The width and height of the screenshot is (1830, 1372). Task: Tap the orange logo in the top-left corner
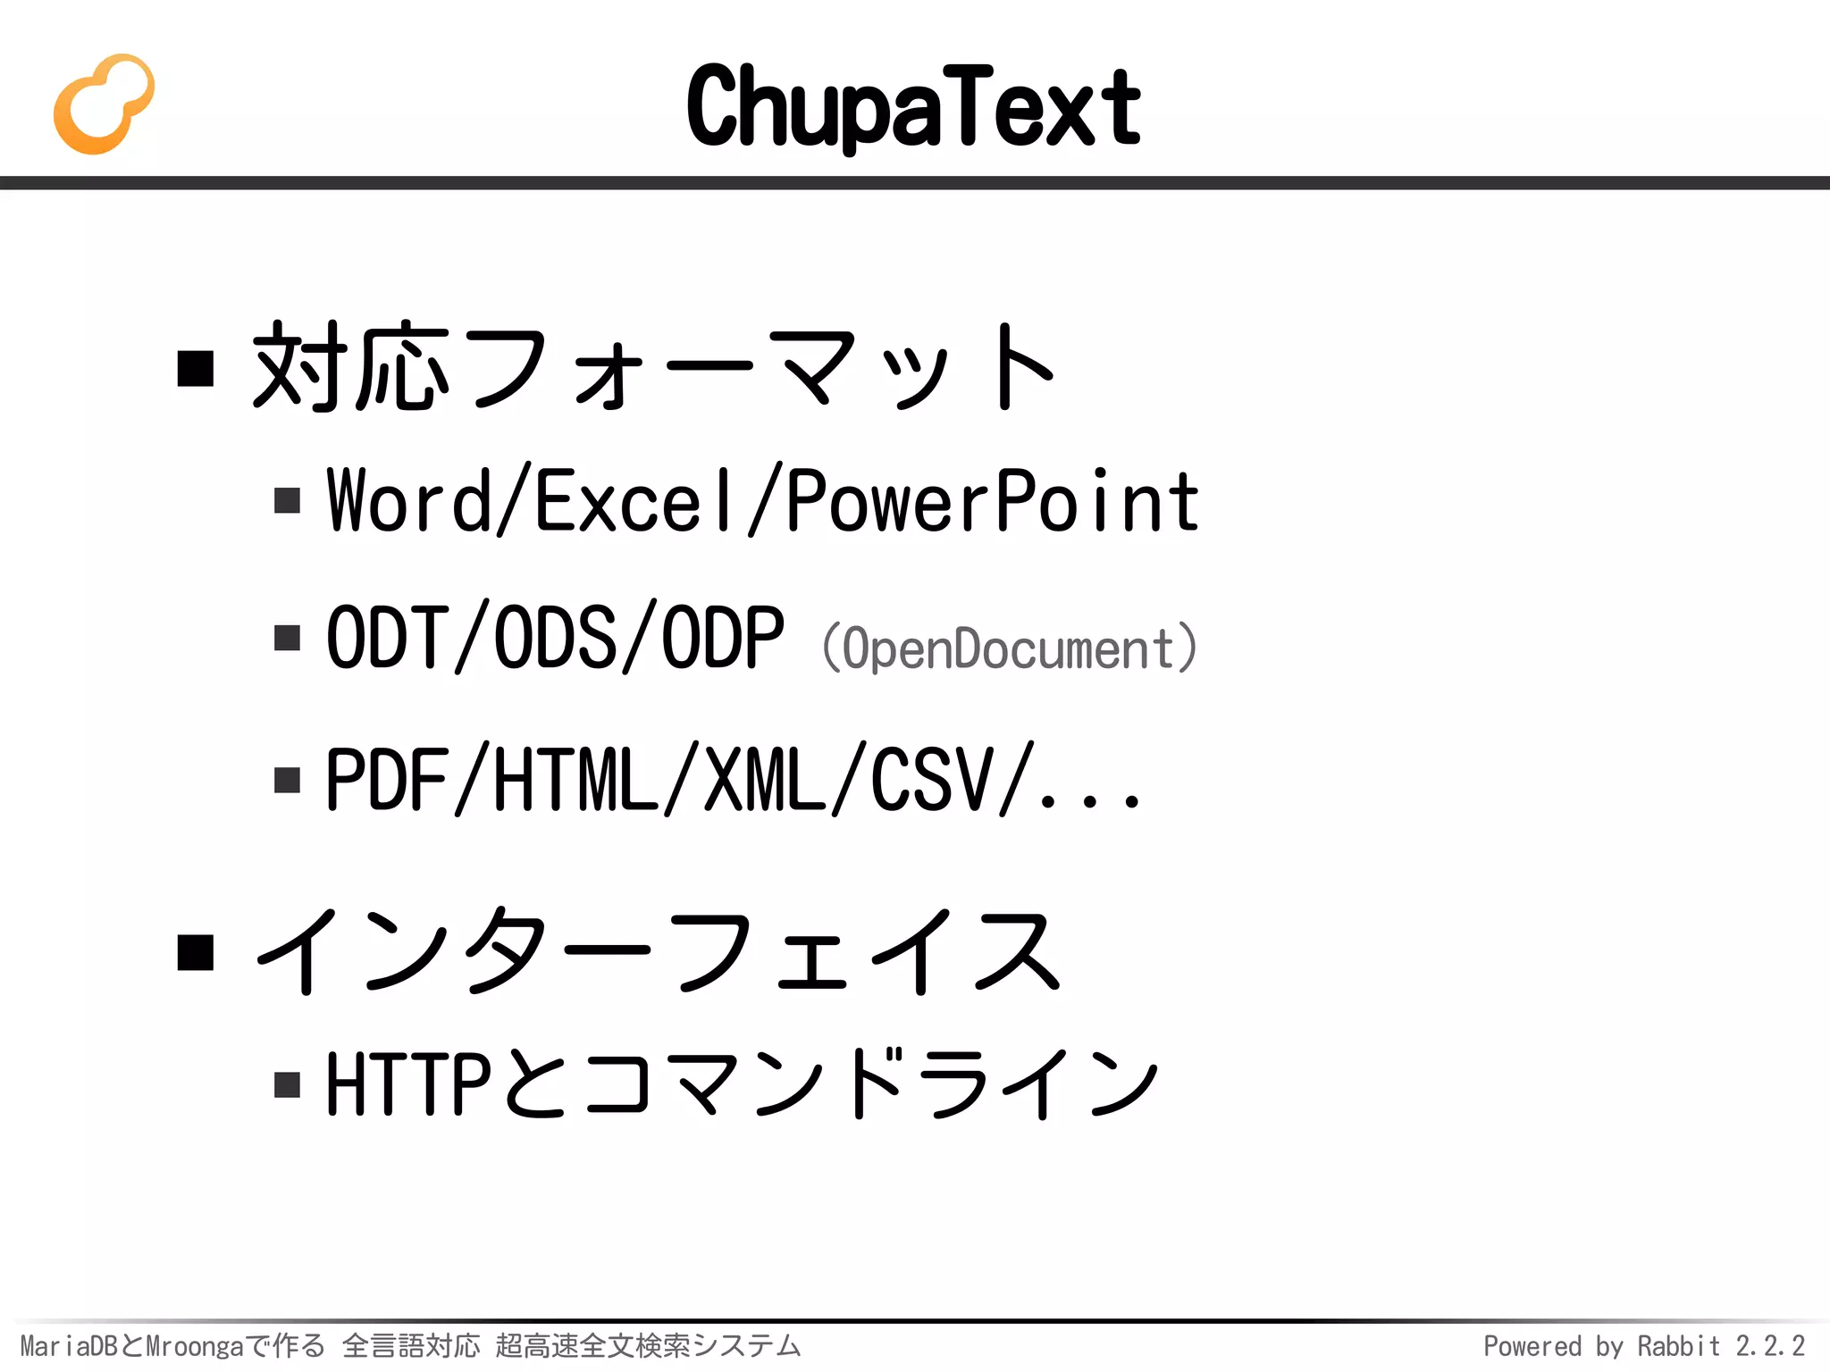click(104, 104)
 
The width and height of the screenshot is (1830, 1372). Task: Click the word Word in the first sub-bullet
click(409, 501)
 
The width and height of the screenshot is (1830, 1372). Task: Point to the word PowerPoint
click(993, 501)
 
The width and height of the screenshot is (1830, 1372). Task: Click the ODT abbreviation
click(388, 637)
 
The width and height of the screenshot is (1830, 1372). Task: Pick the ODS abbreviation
click(555, 637)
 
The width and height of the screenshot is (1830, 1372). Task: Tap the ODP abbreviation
click(722, 637)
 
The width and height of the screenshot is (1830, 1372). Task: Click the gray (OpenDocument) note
click(1009, 648)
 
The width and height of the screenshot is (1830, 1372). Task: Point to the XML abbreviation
click(765, 780)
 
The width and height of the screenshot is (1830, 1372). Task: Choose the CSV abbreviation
click(932, 780)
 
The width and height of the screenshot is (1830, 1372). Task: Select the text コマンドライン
click(871, 1083)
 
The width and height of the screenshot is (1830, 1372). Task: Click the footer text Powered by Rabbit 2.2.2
click(1644, 1346)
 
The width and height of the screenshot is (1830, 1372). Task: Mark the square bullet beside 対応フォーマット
click(196, 368)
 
